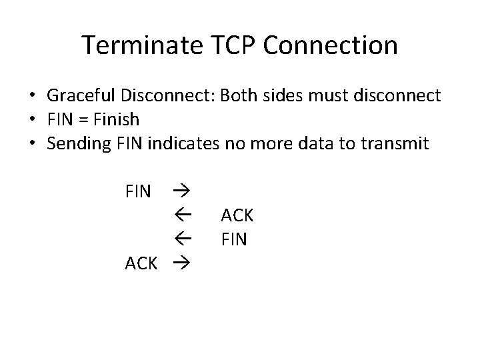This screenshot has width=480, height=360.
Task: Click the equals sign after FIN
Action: (84, 120)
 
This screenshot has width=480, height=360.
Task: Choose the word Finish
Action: (117, 120)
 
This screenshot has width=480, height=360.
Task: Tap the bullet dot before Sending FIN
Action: (32, 145)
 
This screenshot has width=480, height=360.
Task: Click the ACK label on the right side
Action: (237, 215)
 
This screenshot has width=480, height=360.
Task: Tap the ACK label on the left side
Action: (141, 263)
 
